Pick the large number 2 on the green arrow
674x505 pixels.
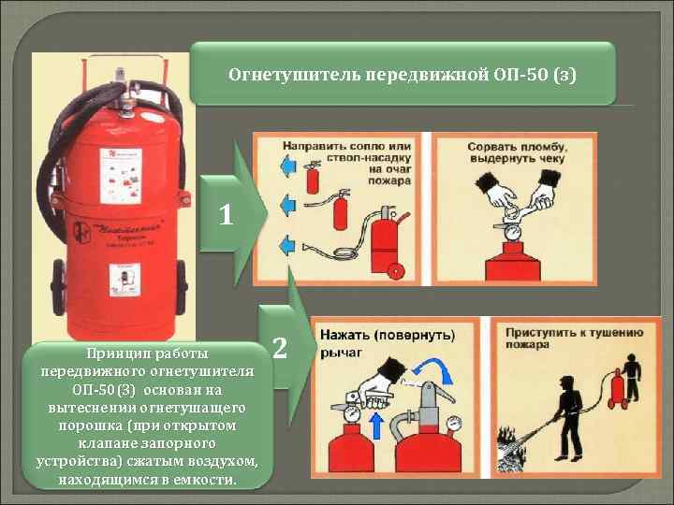coord(279,348)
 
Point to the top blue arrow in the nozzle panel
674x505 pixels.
coord(287,166)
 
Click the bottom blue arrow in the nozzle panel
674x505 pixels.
coord(287,245)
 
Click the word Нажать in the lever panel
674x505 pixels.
coord(345,334)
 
